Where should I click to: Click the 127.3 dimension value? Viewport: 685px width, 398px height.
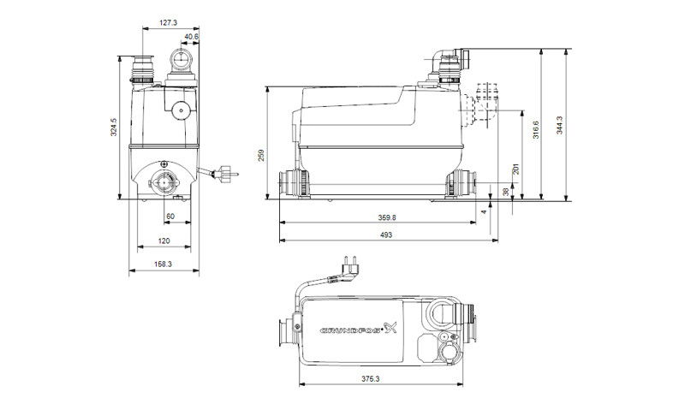tap(168, 23)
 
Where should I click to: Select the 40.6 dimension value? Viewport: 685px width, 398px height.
tap(191, 37)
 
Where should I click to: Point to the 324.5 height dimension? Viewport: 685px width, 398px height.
tap(114, 128)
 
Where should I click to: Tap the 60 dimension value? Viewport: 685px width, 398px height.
tap(170, 217)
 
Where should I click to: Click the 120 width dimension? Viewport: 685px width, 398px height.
tap(164, 241)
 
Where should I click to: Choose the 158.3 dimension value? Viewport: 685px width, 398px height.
tap(164, 264)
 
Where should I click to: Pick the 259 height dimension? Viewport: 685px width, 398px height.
tap(261, 156)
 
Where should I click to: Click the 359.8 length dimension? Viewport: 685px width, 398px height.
tap(387, 217)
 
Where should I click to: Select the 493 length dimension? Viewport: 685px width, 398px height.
tap(386, 235)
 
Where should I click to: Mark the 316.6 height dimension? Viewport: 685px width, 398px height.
tap(536, 130)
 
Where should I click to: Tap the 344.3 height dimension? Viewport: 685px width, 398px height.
tap(560, 125)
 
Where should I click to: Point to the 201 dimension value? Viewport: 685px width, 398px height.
tap(516, 169)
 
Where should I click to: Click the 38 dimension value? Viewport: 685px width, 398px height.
tap(506, 192)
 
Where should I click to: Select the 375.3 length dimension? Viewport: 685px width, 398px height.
tap(371, 379)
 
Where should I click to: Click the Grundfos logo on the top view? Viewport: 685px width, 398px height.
tap(359, 329)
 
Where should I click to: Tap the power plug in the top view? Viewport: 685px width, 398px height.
tap(349, 267)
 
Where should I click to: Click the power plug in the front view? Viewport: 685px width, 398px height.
tap(226, 174)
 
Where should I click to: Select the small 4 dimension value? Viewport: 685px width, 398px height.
tap(483, 212)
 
